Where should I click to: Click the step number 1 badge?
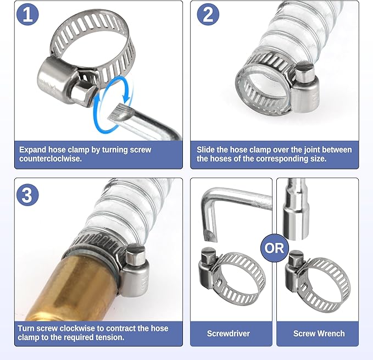coord(27,14)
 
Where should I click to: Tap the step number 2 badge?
coord(208,14)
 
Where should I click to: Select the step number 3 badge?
coord(27,195)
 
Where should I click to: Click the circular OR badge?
coord(275,248)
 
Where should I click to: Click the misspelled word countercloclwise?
coord(51,158)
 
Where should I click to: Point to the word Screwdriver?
coord(229,334)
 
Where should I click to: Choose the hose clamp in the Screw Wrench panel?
coord(318,281)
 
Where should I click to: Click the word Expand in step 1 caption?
coord(33,150)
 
